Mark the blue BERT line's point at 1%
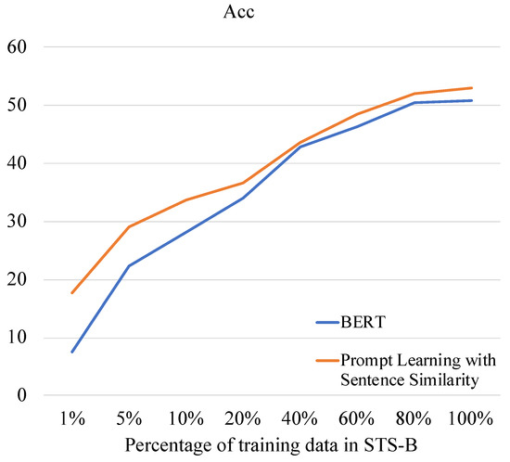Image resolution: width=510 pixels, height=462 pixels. point(72,352)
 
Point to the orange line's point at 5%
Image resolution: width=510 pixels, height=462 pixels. point(129,226)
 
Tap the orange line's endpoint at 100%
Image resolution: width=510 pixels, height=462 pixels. point(471,88)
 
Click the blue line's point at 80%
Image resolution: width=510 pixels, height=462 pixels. point(414,102)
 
